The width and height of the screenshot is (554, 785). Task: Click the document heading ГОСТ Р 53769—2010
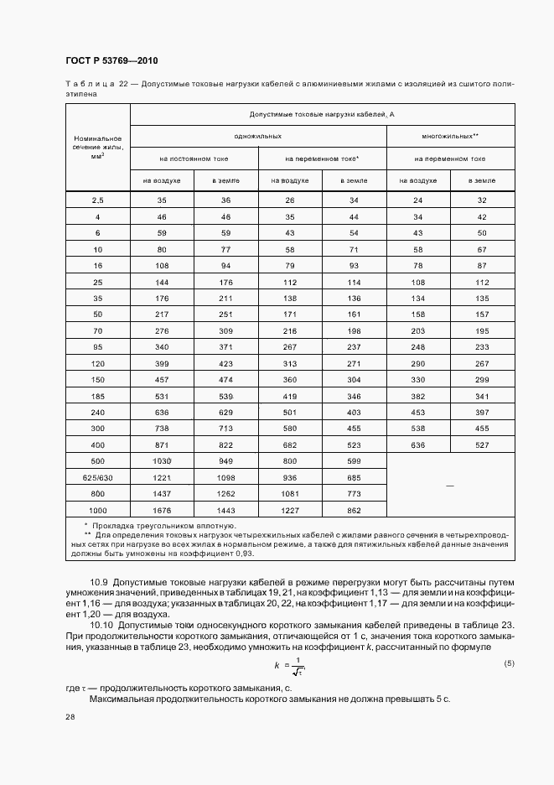[111, 61]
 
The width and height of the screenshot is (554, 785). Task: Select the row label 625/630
[97, 477]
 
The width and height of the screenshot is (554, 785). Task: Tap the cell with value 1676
[162, 509]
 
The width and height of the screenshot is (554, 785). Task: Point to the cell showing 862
[354, 509]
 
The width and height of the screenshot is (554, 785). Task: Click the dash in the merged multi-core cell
[451, 486]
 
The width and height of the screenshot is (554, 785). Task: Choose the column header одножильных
[258, 135]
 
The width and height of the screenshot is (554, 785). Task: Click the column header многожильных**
[451, 135]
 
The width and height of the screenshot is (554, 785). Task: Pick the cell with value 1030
[162, 461]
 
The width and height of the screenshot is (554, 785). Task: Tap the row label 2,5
[97, 200]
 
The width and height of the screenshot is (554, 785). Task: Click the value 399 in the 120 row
[162, 365]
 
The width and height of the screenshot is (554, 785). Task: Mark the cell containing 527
[483, 444]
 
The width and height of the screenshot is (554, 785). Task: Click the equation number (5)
[509, 640]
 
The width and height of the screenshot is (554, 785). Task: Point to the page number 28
[70, 717]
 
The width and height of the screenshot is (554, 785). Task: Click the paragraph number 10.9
[101, 581]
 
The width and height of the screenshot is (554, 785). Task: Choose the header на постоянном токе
[194, 158]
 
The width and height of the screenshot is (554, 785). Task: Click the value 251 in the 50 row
[226, 315]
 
